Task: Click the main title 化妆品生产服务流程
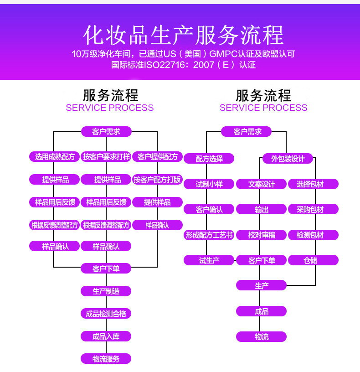[183, 35]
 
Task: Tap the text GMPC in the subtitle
[223, 54]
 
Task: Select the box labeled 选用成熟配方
[55, 157]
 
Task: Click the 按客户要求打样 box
[106, 157]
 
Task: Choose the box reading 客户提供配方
[157, 157]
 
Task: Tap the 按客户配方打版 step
[157, 180]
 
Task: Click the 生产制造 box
[106, 291]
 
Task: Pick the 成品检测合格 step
[106, 314]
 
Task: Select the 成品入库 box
[106, 336]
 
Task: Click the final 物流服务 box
[106, 359]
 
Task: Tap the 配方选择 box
[209, 159]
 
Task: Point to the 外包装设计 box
[288, 159]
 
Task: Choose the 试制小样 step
[209, 184]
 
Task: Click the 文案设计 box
[262, 184]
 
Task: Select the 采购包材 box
[313, 209]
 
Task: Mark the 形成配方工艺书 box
[209, 235]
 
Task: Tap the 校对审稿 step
[262, 235]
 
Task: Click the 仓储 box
[313, 260]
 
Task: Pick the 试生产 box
[209, 260]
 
